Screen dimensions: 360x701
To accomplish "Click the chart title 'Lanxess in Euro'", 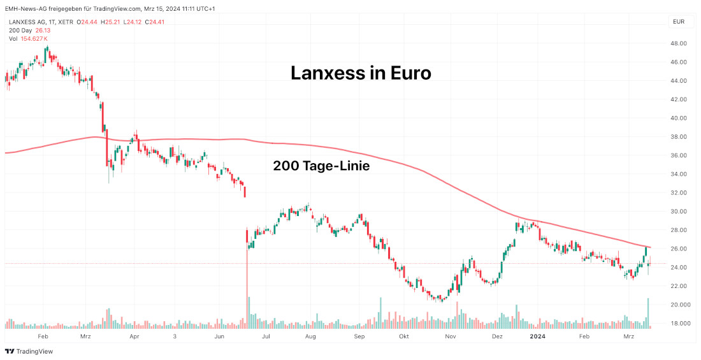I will click(361, 73).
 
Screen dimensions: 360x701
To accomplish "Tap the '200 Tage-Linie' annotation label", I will click(321, 166).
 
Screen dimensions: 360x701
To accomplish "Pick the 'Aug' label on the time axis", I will click(310, 336).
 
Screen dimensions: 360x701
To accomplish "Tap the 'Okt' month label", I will click(403, 336).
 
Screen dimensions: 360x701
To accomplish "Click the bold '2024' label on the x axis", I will click(538, 336).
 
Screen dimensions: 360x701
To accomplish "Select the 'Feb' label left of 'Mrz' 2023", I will click(43, 336).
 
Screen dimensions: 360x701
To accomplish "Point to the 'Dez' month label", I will click(498, 336).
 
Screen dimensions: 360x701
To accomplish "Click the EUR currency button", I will click(679, 22).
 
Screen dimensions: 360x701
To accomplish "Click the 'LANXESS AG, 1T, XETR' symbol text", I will click(41, 22).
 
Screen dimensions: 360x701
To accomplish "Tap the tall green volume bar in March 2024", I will click(649, 313).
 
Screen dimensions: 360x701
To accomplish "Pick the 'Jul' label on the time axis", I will click(266, 336).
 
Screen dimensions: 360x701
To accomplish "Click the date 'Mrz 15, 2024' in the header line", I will click(156, 9).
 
